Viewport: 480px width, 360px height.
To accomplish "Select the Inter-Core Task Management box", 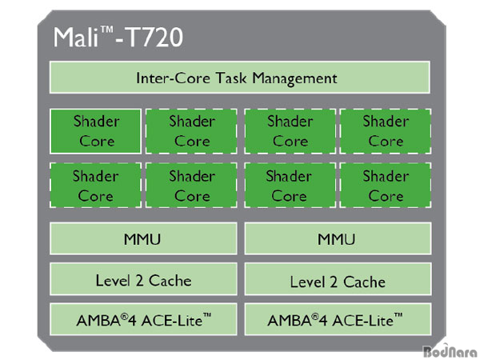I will point(240,78).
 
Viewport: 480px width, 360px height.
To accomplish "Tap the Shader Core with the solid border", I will point(96,131).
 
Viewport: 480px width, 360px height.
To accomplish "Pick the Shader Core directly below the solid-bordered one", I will point(96,186).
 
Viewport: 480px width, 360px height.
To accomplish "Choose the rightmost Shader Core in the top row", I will point(386,131).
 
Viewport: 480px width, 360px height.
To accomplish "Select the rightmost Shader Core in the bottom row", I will point(386,186).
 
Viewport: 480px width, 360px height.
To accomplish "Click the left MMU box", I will point(144,238).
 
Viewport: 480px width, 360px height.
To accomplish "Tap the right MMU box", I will point(337,238).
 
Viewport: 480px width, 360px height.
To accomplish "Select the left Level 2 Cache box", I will point(144,279).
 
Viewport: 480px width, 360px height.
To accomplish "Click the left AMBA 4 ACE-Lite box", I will point(144,320).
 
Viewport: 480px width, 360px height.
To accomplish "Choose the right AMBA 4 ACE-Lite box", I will point(337,320).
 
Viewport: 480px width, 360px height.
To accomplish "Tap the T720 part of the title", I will point(155,38).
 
